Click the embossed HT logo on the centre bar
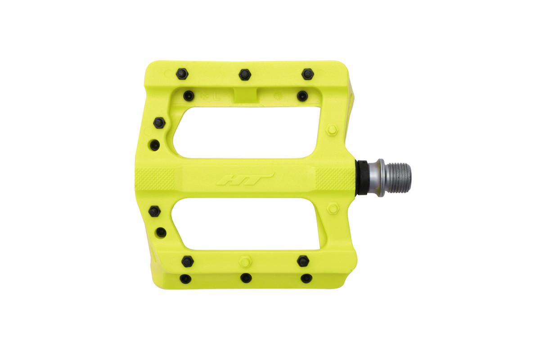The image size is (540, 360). [245, 180]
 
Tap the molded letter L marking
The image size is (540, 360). [217, 97]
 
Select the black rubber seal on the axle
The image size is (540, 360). [362, 178]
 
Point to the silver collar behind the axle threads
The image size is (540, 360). [379, 178]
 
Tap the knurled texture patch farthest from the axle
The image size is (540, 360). [155, 179]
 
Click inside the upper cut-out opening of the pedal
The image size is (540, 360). [247, 132]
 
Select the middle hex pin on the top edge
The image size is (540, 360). [245, 75]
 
